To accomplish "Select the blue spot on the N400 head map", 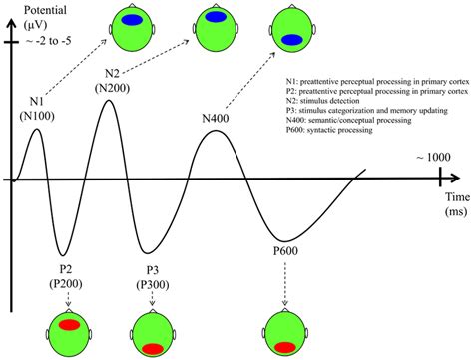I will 291,40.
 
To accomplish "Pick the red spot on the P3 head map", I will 152,348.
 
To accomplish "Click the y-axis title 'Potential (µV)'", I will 33,16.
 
